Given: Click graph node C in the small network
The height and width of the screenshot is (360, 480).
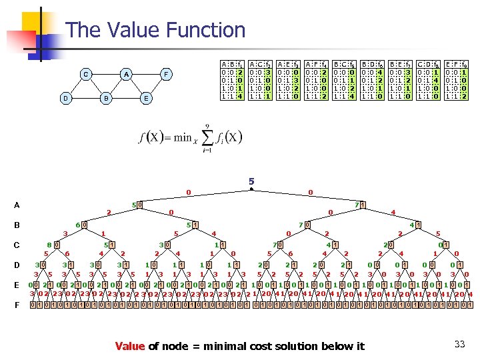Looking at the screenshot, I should [x=85, y=74].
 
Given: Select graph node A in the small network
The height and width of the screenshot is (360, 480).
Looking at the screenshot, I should [x=126, y=74].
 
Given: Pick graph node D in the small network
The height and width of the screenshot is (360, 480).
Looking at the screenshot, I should [x=65, y=98].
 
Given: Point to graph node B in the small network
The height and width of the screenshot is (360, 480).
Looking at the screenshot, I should [x=105, y=98].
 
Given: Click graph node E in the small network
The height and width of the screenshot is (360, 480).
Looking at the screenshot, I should [x=146, y=98].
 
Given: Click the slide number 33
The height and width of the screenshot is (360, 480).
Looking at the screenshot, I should [x=459, y=344].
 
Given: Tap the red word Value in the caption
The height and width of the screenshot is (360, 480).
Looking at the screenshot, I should [x=130, y=345].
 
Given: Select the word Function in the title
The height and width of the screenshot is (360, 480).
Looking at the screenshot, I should [x=207, y=30].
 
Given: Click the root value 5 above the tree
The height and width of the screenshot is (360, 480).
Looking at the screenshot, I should [x=251, y=181].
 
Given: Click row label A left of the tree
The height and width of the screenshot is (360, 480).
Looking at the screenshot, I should [x=16, y=205].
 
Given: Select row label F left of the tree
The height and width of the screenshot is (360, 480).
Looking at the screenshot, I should [x=16, y=305].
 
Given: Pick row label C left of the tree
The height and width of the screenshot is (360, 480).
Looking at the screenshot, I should [x=16, y=245].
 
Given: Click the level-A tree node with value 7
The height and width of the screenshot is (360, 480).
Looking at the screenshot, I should [x=357, y=205].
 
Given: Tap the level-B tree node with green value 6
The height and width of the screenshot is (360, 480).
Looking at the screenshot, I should [x=77, y=225].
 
